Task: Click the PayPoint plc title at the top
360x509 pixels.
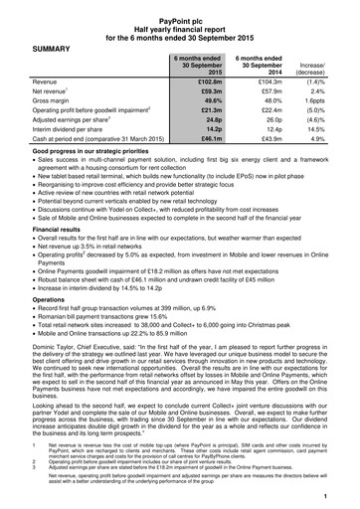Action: [x=180, y=12]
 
